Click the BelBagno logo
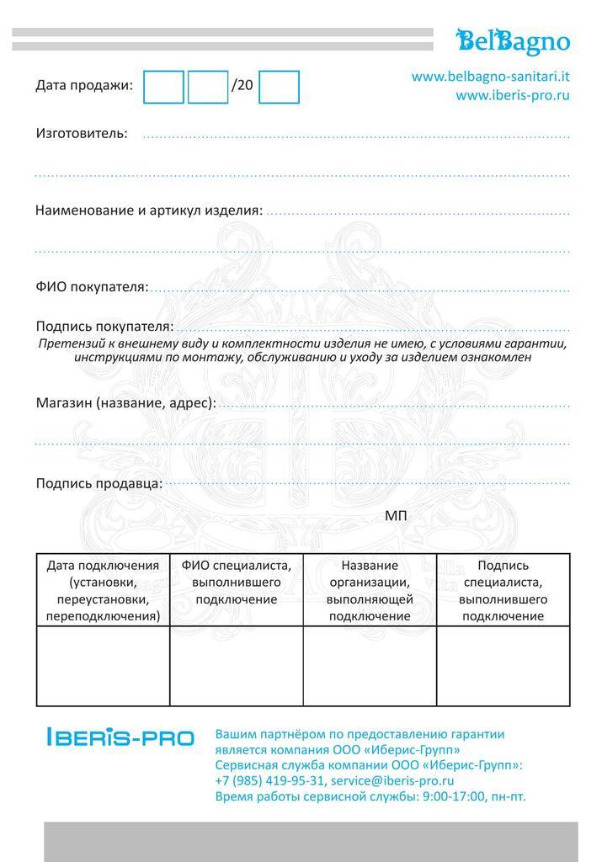513,40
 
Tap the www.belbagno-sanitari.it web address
490,77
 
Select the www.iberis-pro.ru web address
513,95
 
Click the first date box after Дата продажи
163,86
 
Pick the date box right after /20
279,86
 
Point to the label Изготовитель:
82,133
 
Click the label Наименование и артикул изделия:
149,210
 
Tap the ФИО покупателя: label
92,287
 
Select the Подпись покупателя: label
104,326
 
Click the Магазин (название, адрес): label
125,402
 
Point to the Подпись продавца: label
99,482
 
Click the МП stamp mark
396,515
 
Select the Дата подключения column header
103,590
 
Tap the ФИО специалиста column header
237,582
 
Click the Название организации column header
370,590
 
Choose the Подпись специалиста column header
503,590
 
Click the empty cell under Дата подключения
103,666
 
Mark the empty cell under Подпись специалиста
503,666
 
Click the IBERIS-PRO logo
120,738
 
